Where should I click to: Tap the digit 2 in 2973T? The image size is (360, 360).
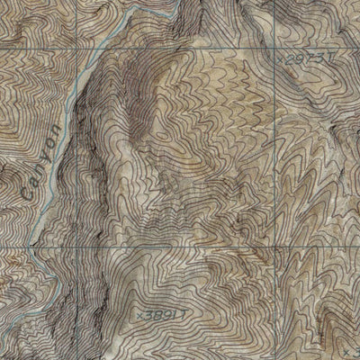pos(289,57)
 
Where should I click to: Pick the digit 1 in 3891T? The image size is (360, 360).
pos(172,315)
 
